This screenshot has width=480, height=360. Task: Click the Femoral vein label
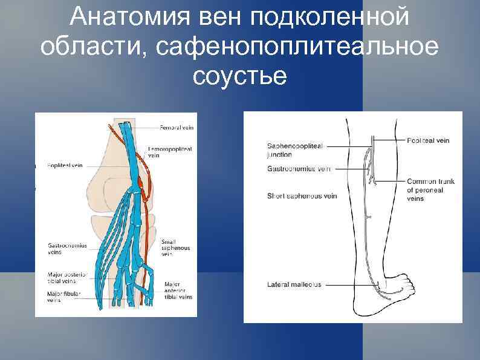tap(177, 128)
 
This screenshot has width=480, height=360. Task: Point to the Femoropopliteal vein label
tap(170, 151)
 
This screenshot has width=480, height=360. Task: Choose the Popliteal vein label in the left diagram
tap(65, 165)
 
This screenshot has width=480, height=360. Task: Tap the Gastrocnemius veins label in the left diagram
tap(67, 249)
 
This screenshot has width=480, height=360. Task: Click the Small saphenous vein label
tap(175, 248)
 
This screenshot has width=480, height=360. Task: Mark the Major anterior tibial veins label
tap(178, 290)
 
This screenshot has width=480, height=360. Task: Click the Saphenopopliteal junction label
tap(294, 150)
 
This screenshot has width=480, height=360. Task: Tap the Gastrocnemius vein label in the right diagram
tap(299, 169)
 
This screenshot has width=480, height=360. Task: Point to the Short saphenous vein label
tap(302, 195)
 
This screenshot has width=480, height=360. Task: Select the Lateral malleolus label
tap(294, 284)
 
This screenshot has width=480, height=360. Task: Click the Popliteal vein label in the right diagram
tap(428, 140)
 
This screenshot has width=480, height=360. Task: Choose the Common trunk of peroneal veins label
tap(430, 189)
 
